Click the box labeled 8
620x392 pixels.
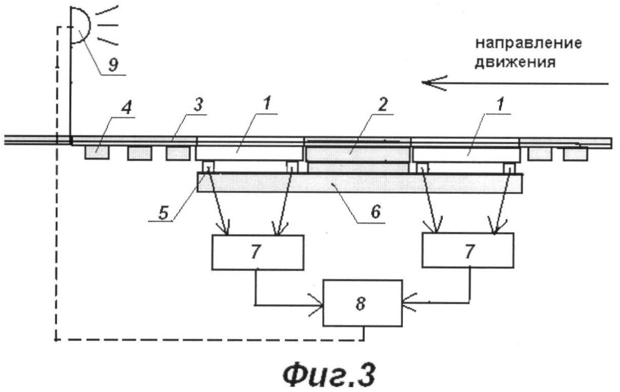point(363,303)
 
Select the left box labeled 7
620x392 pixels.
point(258,252)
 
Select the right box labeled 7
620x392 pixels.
point(468,250)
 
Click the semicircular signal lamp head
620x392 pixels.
point(80,25)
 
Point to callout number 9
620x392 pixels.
point(113,65)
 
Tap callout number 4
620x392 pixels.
point(127,108)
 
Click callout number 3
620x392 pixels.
point(198,105)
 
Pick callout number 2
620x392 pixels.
point(383,105)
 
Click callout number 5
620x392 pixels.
point(163,213)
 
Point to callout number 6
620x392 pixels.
point(376,212)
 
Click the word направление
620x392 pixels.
point(528,44)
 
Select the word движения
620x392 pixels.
point(515,63)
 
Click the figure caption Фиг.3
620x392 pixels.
point(329,376)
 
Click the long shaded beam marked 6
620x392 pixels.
point(360,183)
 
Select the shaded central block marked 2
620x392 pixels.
point(358,154)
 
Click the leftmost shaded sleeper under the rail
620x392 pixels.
point(97,153)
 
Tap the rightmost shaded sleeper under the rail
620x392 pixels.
point(576,154)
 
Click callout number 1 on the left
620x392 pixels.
point(266,104)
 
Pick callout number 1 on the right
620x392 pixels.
point(500,104)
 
